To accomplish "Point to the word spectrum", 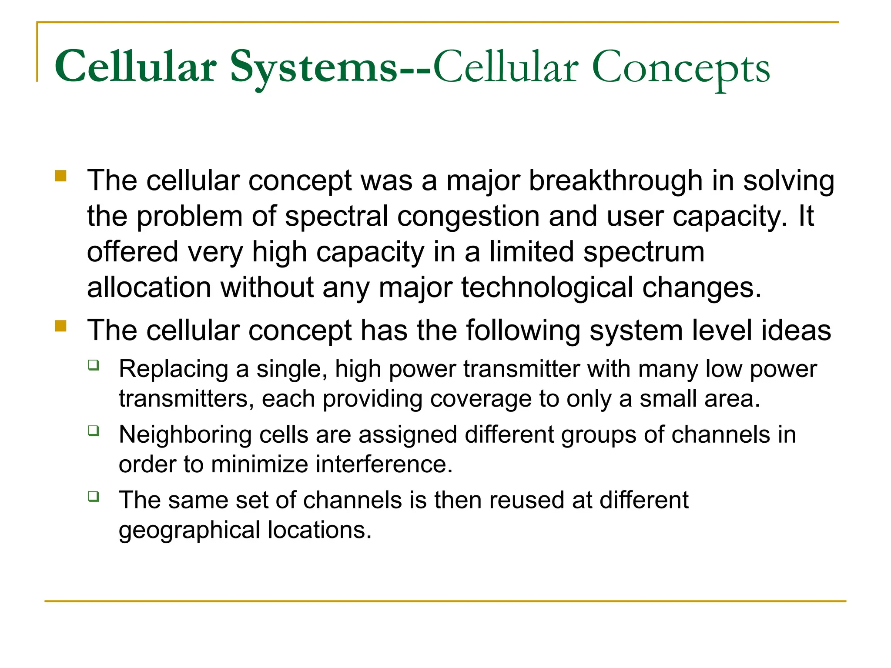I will [x=643, y=252].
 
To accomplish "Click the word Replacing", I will [x=174, y=369].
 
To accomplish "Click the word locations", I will [x=320, y=530].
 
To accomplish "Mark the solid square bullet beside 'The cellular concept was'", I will [x=60, y=176].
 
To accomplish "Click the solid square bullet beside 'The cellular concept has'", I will [x=60, y=326].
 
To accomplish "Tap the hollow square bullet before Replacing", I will [x=93, y=365].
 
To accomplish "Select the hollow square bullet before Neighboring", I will [x=93, y=431].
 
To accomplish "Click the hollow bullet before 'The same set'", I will [x=93, y=496].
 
